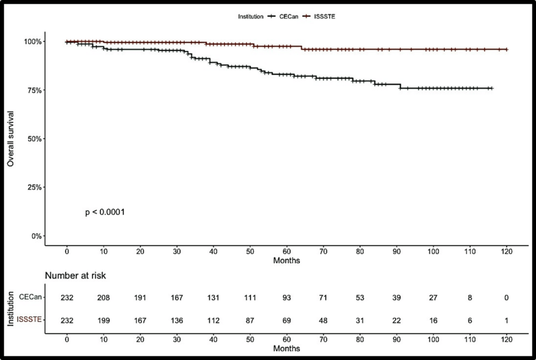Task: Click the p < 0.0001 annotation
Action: click(x=105, y=212)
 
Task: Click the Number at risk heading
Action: click(x=75, y=276)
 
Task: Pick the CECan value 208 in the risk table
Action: click(x=103, y=297)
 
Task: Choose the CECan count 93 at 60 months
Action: click(x=286, y=297)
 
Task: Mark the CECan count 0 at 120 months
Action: click(x=507, y=297)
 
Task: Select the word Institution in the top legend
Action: click(x=251, y=17)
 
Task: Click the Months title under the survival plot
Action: click(x=286, y=261)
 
